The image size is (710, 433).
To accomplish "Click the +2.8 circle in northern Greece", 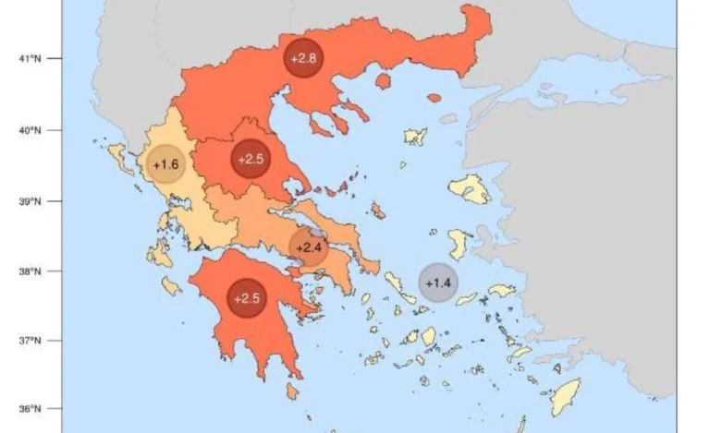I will pos(303,59).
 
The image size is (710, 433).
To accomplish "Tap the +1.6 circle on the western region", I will pos(166,164).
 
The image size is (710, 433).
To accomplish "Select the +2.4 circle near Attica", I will pos(309,247).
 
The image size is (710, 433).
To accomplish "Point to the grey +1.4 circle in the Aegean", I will pos(437,283).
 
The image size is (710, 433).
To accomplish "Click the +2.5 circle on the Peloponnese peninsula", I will pos(247,298).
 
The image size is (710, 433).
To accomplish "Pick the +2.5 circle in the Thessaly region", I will pos(251,159).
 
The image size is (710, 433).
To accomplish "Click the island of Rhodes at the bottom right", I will pos(564,397).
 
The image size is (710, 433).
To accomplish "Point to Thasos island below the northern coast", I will pos(383,81).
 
